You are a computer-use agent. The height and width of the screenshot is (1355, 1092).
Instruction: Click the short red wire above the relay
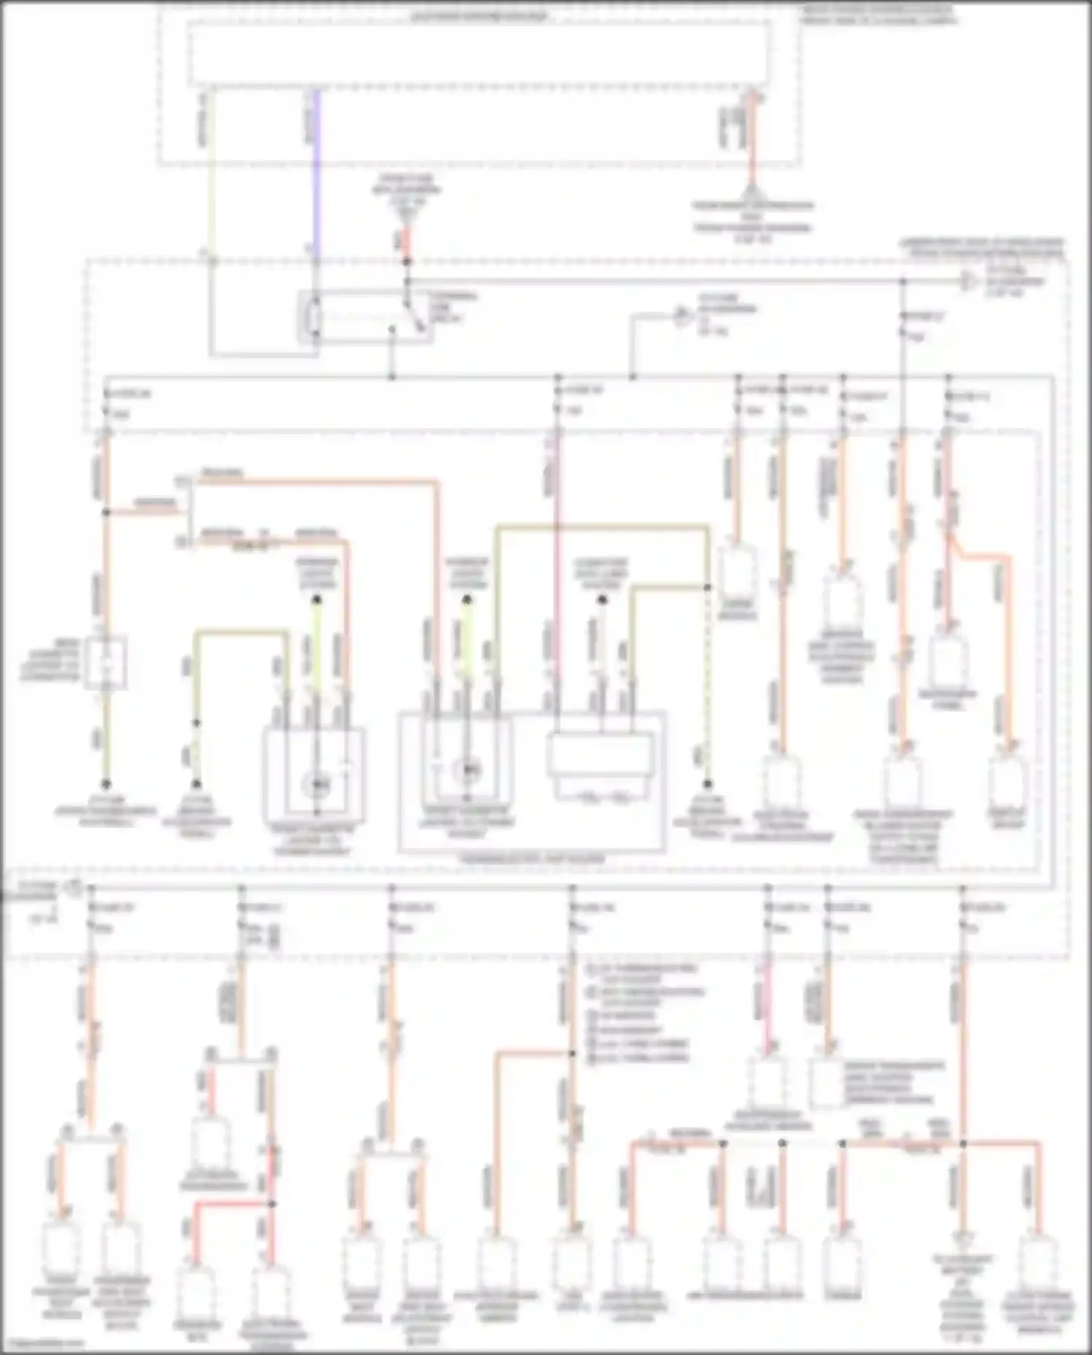pos(407,241)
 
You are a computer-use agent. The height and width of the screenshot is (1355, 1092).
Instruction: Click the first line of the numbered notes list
pos(641,970)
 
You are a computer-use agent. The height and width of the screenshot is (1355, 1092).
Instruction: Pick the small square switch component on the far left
pos(106,663)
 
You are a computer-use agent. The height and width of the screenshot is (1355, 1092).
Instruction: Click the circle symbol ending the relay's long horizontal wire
pos(968,281)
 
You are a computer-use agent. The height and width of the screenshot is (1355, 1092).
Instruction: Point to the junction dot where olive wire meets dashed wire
pos(707,587)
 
